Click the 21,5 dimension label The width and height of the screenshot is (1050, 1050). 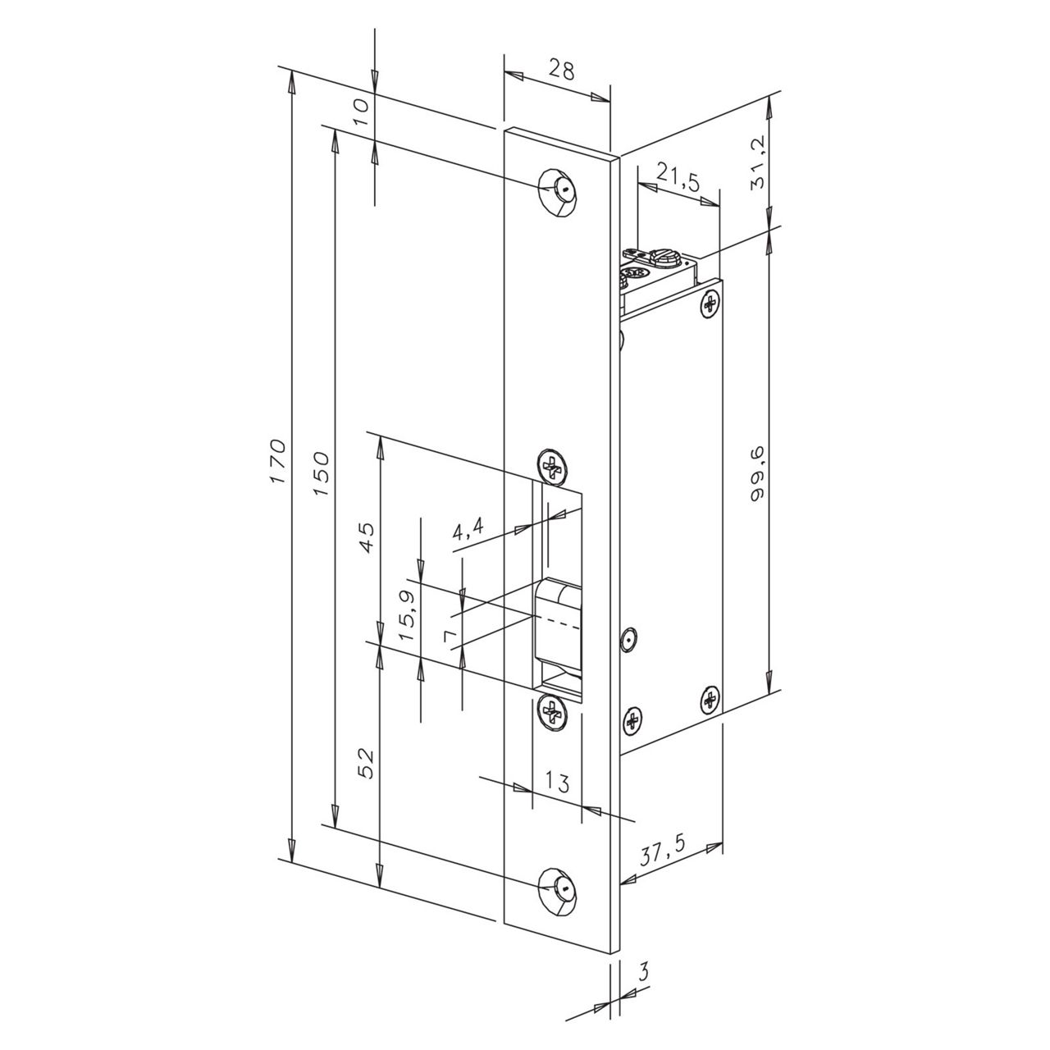pos(679,179)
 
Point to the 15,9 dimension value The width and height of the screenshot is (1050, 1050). pos(408,608)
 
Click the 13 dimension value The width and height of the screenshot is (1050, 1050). pos(557,783)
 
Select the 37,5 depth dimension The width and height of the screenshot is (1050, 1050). pos(663,854)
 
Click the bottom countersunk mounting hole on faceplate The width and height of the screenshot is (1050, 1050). pos(559,889)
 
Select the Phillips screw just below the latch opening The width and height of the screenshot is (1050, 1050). pos(553,710)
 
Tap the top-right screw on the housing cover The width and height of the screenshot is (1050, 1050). pos(710,305)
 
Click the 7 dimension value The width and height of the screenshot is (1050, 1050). pos(448,637)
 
